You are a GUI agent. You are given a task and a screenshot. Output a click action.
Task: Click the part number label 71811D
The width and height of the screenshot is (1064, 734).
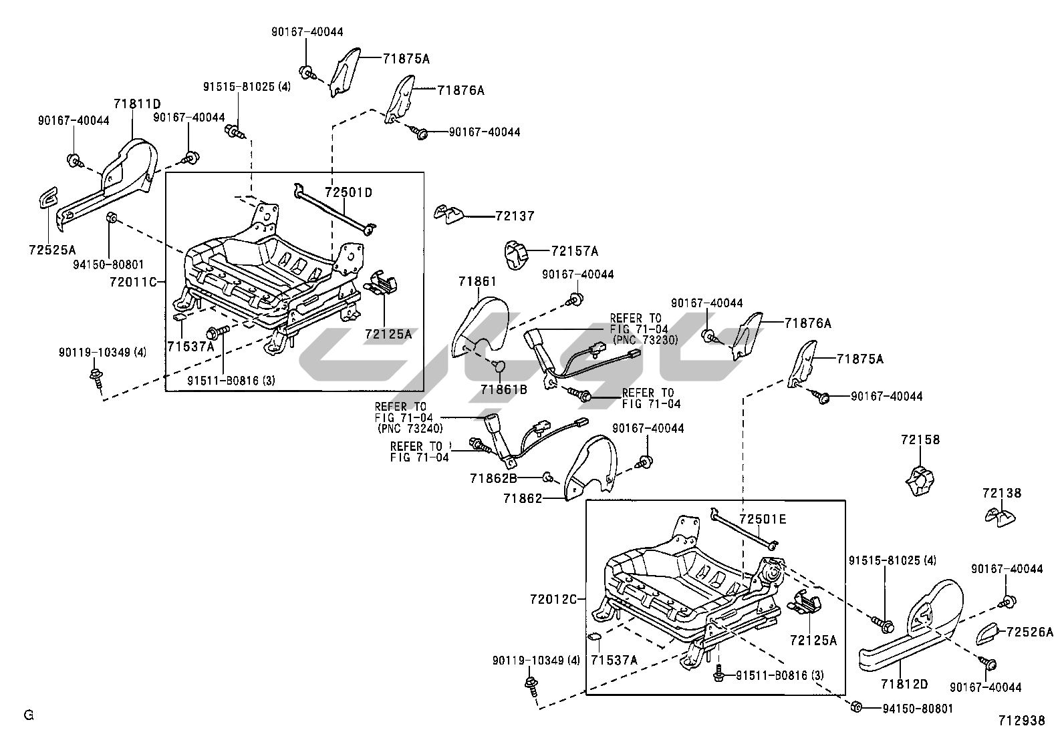click(x=137, y=104)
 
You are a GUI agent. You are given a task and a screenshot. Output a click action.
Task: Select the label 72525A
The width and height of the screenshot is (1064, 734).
click(x=52, y=250)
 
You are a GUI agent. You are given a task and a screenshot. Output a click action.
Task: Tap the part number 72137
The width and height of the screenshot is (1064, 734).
click(x=515, y=216)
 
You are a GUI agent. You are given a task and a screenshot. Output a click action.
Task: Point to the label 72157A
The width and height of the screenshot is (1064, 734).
click(x=575, y=251)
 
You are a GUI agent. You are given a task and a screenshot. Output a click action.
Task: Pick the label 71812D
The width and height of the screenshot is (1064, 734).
click(x=904, y=684)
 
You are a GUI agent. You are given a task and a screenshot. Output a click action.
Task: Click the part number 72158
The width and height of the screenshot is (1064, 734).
click(x=920, y=440)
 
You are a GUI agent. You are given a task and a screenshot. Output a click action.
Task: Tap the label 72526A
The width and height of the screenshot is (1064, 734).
click(x=1029, y=632)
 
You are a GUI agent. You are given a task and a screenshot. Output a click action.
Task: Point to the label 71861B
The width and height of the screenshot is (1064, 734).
click(x=503, y=389)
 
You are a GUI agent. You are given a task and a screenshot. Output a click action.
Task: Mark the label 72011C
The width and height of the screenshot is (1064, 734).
click(x=132, y=282)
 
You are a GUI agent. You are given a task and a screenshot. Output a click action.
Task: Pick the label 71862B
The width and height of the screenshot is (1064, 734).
click(x=493, y=478)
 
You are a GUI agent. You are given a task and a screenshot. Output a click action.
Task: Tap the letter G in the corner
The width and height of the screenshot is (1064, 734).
click(x=28, y=715)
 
